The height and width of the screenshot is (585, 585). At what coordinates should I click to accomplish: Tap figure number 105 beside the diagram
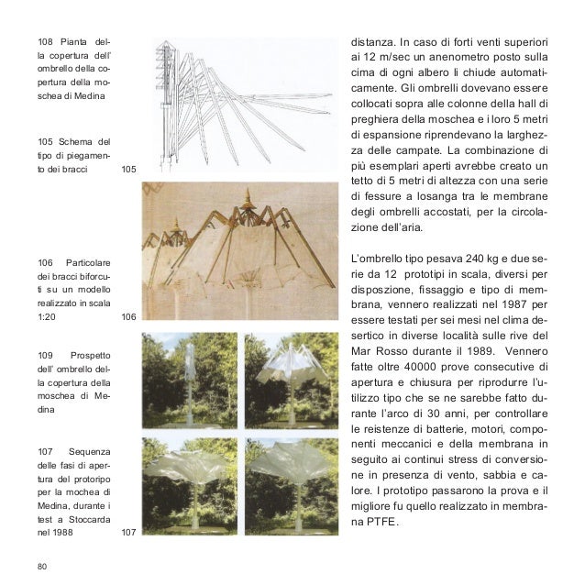128,170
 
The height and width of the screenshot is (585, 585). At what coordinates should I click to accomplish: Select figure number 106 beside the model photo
128,316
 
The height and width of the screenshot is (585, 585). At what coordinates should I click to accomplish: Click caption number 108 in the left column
46,42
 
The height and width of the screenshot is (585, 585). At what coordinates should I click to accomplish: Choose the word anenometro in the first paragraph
449,59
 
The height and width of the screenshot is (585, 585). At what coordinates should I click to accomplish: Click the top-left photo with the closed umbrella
189,381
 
